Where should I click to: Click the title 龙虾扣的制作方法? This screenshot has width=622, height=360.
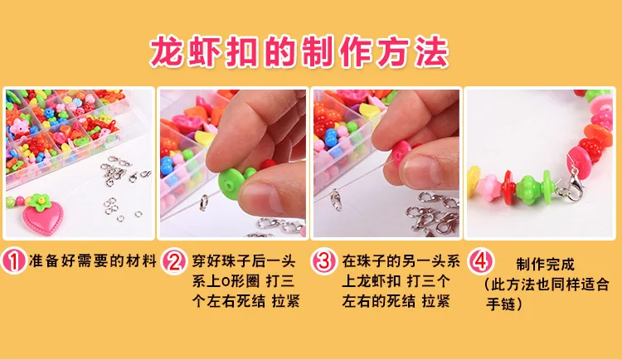299,51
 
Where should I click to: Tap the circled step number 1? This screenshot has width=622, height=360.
13,261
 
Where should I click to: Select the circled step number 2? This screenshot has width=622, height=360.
174,261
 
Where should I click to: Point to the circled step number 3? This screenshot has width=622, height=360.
323,261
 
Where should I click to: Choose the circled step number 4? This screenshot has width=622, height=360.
480,261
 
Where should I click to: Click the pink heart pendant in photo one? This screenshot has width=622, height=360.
43,217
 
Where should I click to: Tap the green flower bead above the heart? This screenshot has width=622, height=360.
39,202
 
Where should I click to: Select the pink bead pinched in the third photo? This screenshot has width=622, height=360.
401,153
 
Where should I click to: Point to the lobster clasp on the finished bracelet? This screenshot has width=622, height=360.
571,186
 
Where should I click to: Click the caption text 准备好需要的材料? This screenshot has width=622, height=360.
92,261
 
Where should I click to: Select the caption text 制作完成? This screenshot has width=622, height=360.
545,264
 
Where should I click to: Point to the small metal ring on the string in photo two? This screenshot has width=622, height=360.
203,202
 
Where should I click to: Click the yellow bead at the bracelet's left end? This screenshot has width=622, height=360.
474,182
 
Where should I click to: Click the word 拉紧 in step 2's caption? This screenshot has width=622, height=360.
285,301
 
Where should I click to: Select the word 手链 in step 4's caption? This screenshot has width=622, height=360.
501,304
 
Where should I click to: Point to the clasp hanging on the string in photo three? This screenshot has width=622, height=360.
337,199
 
